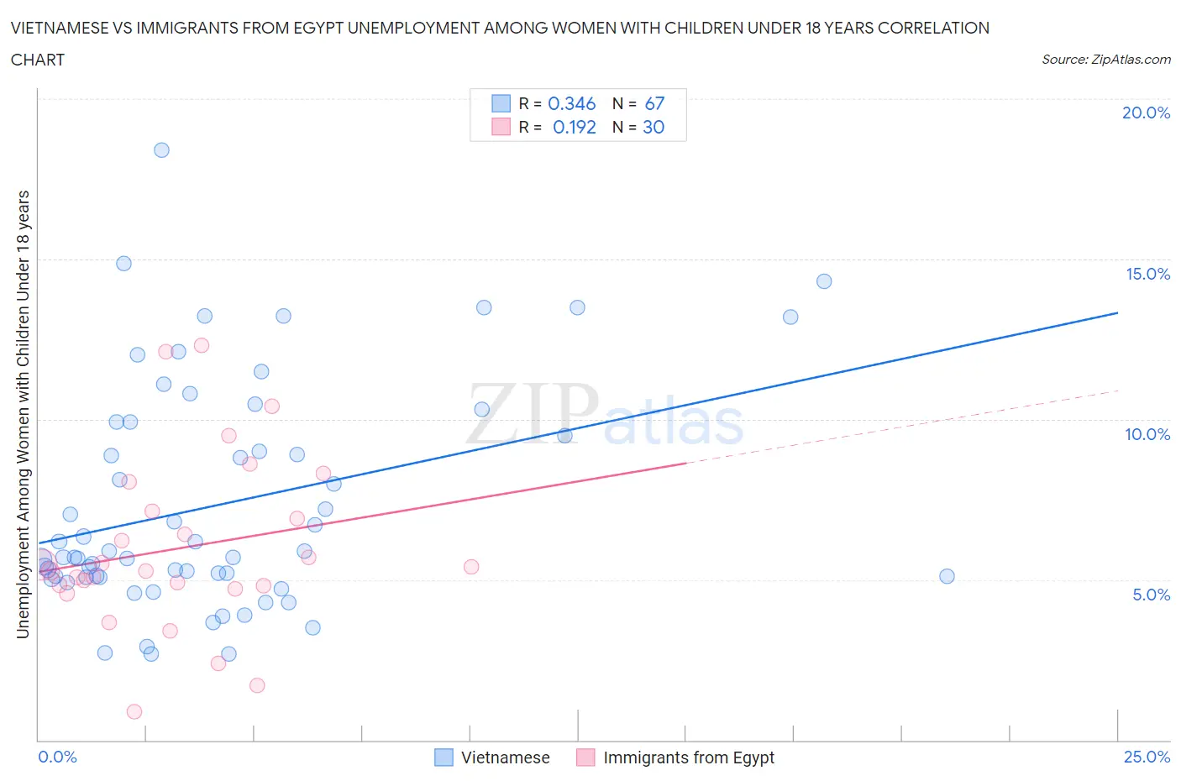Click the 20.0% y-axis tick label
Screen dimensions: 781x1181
(1146, 113)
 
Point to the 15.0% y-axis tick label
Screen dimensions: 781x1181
(1147, 274)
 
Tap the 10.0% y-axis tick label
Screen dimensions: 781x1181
(1147, 434)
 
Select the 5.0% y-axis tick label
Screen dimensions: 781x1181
(1151, 595)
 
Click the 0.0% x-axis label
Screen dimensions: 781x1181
(57, 757)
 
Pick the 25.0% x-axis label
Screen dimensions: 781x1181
(1147, 757)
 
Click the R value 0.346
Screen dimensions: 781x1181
(571, 103)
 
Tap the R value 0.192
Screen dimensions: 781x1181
(574, 127)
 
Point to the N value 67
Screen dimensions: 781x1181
(654, 103)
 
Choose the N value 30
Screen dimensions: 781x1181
(653, 127)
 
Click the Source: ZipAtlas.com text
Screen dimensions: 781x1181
(1105, 59)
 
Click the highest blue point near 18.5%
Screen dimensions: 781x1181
(161, 150)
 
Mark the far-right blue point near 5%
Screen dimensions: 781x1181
(947, 576)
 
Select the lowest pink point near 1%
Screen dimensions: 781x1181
(134, 711)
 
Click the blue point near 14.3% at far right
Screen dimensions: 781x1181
(824, 281)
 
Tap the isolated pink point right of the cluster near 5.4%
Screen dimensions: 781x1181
(471, 567)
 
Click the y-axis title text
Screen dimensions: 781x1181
(23, 414)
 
